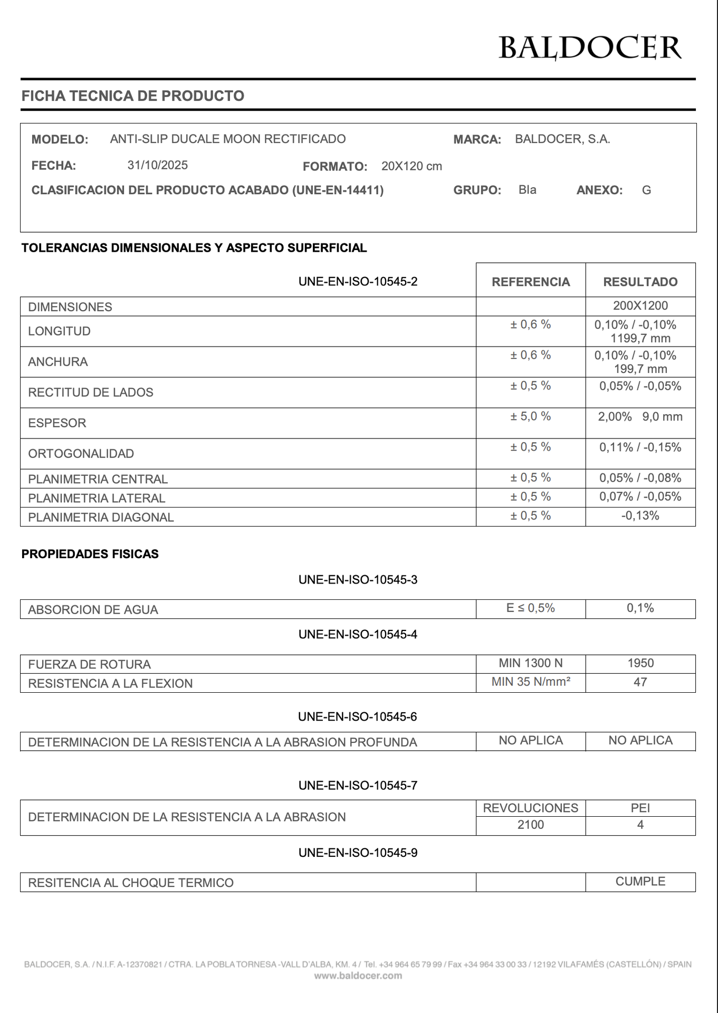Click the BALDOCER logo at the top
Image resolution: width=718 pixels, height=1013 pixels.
point(590,47)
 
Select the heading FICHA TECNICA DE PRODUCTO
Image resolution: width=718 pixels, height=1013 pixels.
point(132,96)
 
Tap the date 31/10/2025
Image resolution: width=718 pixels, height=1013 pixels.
point(157,165)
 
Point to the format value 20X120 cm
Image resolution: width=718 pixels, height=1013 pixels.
point(411,166)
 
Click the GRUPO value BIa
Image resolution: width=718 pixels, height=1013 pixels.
point(527,190)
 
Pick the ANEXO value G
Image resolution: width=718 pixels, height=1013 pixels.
point(646,190)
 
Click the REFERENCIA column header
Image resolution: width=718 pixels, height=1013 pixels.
point(531,282)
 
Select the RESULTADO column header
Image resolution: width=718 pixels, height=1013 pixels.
point(640,282)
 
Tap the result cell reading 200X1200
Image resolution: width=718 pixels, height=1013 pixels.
point(640,306)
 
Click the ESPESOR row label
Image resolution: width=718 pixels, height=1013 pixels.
point(57,423)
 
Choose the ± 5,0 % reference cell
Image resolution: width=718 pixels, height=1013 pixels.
point(530,417)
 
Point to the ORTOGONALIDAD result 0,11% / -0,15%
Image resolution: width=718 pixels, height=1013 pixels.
point(640,447)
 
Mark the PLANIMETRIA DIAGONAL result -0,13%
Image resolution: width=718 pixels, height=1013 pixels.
point(640,516)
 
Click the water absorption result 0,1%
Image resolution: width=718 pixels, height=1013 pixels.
point(640,608)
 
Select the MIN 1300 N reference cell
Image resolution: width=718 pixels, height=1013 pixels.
point(530,663)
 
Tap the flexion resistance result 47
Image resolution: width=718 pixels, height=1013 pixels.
point(640,682)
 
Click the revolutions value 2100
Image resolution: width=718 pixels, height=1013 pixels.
point(530,825)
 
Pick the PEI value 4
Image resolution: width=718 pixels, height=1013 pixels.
point(640,825)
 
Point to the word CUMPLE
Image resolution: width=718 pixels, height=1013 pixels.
point(640,882)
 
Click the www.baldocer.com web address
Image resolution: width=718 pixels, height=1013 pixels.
point(358,976)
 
